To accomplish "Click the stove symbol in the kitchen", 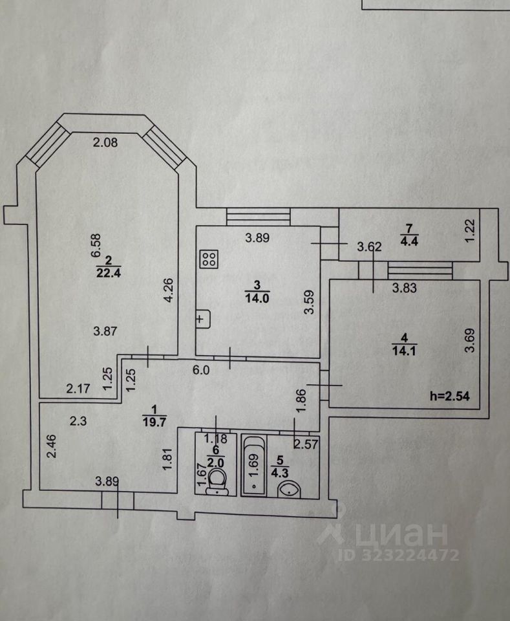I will [x=209, y=259].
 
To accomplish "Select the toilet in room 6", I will [x=217, y=481].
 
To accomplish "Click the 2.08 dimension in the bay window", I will [x=105, y=143].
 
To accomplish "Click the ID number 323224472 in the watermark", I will [x=412, y=555].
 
